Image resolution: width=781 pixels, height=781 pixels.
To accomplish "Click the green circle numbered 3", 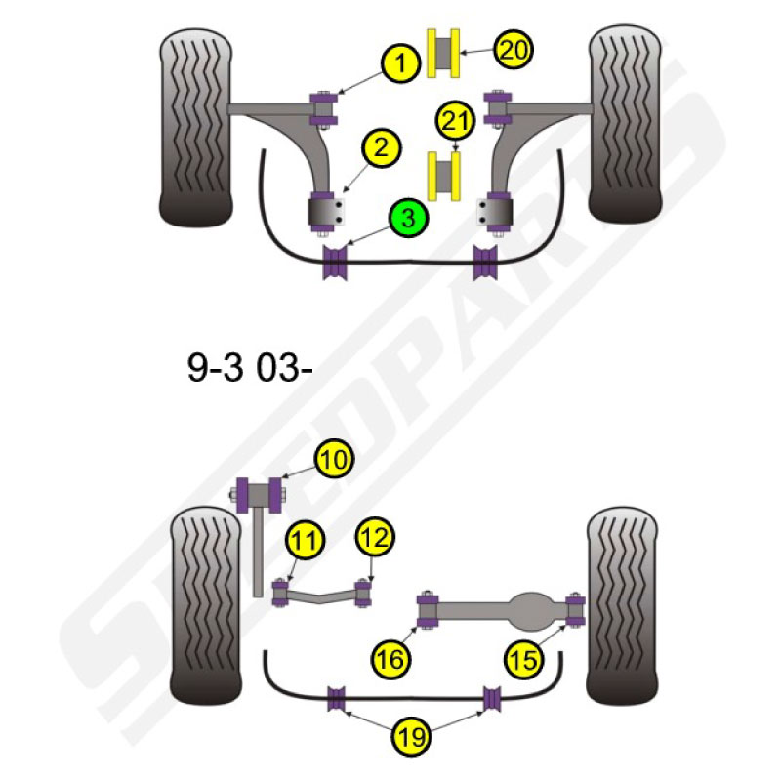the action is (408, 218).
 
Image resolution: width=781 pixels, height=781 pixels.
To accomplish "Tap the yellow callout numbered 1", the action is (400, 63).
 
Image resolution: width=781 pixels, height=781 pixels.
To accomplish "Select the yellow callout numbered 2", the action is (382, 148).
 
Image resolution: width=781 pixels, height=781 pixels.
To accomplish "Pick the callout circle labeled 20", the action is (514, 50).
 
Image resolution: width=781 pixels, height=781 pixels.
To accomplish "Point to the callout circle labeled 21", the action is (455, 120).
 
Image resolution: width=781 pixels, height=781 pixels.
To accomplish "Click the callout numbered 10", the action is (334, 459).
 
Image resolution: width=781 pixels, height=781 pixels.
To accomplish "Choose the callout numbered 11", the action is (305, 540).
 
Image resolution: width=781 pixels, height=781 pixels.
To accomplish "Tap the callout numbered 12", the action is (375, 537).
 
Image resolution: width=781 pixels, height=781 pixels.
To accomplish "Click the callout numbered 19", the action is (411, 736).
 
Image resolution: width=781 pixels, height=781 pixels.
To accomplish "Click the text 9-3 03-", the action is (250, 368).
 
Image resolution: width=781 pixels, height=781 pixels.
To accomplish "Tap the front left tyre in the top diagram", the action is (196, 127).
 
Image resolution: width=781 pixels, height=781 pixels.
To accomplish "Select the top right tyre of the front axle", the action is (625, 125).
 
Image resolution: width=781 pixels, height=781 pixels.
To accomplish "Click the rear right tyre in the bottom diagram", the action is (623, 606).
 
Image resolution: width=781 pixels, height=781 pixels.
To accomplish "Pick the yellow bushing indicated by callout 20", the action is (443, 53).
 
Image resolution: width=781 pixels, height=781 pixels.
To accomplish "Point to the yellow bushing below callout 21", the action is (443, 177).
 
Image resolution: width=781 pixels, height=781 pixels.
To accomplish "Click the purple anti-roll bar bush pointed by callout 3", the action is (335, 262).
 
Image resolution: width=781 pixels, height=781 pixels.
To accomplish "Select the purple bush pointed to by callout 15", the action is (576, 609).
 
